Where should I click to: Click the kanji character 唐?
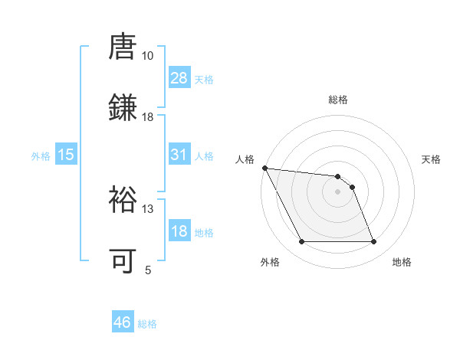coord(123,48)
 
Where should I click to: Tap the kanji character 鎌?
coord(123,107)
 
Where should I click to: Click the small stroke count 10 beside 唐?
coord(147,56)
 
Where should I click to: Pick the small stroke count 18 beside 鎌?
coord(147,117)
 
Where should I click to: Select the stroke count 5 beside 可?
coord(148,270)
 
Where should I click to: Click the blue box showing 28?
coord(179,78)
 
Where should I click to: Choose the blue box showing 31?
coord(179,155)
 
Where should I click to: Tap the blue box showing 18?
coord(179,231)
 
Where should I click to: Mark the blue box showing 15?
coord(66,155)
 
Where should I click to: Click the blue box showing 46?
coord(123,322)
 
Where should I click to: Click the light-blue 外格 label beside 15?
coord(41,155)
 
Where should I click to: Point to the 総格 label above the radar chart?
coord(338,100)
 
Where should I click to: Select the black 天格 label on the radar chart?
coord(432,159)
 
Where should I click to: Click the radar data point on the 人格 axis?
coord(264,168)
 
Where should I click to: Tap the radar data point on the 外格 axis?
coord(301,242)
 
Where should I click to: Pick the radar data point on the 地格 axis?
coord(373,242)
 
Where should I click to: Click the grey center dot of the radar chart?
coord(337,191)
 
